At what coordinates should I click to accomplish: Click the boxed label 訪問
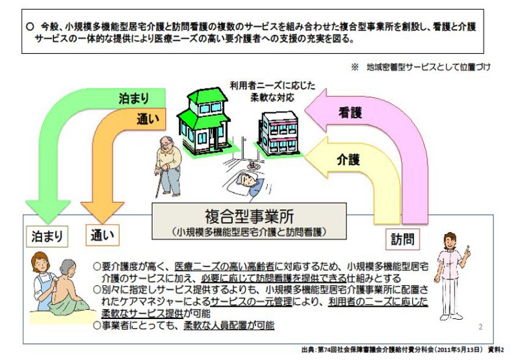click(x=403, y=239)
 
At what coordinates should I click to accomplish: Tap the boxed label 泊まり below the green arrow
click(x=47, y=237)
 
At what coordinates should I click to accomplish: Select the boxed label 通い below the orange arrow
click(x=102, y=235)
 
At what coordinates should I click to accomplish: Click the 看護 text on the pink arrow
click(x=350, y=112)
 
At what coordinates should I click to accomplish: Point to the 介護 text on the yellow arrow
click(x=348, y=160)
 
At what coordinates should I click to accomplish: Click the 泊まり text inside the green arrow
click(x=134, y=99)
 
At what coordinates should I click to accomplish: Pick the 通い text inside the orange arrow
click(x=148, y=119)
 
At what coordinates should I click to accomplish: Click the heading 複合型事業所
click(x=249, y=216)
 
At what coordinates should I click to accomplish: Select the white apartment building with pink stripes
click(x=279, y=134)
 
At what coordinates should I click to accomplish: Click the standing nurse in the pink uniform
click(x=451, y=276)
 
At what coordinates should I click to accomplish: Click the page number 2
click(x=480, y=327)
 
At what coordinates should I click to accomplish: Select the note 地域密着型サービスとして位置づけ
click(x=428, y=67)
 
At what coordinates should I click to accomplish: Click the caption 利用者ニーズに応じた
click(x=272, y=86)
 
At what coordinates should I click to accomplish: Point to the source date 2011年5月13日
click(x=458, y=350)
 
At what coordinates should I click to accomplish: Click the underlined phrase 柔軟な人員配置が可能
click(x=229, y=326)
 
